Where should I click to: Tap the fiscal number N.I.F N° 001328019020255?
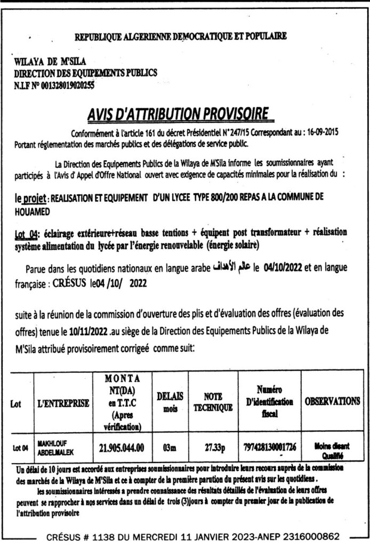point(54,83)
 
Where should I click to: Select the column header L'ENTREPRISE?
point(63,403)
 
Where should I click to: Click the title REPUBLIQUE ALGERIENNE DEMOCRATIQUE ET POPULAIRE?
point(181,36)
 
